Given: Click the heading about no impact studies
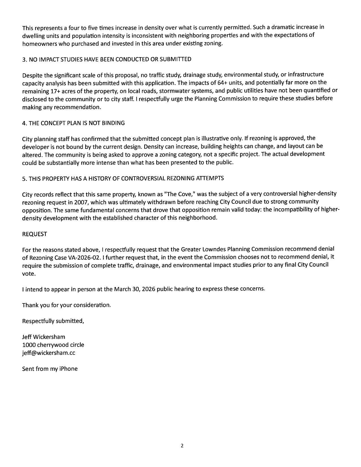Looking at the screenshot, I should (107, 59).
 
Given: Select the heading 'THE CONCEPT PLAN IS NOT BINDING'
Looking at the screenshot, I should (73, 123).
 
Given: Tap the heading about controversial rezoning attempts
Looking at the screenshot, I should (123, 178).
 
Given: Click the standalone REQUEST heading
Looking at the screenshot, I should (35, 234).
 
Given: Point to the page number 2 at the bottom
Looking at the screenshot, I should (182, 446).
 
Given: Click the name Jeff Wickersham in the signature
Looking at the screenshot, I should (44, 337).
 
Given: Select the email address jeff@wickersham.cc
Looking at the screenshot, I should (49, 353).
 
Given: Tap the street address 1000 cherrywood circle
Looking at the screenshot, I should (53, 345).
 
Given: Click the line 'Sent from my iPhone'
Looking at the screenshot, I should (50, 369).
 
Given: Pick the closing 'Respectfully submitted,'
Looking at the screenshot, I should (53, 321).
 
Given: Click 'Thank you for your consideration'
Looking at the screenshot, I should (66, 305).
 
